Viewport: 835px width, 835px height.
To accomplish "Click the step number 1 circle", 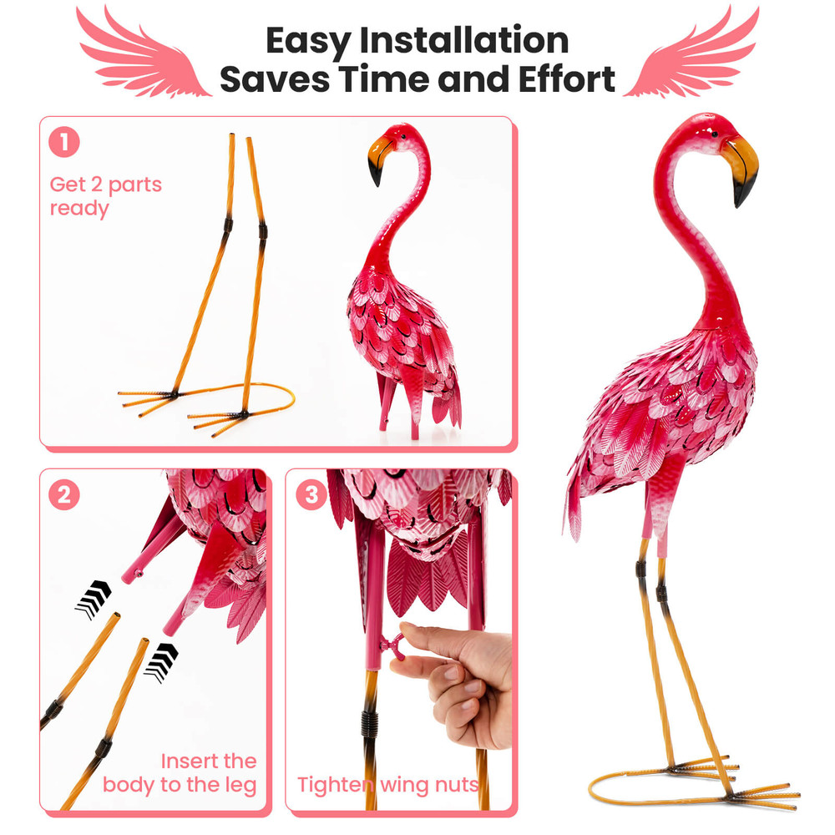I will pyautogui.click(x=64, y=143).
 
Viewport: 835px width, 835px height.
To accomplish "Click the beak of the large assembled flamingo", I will pyautogui.click(x=741, y=171).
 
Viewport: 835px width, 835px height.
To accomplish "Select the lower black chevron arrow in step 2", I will pyautogui.click(x=160, y=661).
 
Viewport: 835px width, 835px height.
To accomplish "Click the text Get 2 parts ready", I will pyautogui.click(x=105, y=196).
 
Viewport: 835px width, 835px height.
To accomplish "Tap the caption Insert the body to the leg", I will pyautogui.click(x=180, y=772).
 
